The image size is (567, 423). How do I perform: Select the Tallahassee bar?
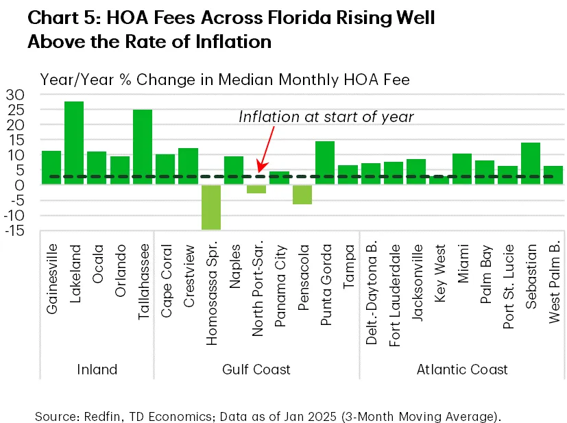coord(143,147)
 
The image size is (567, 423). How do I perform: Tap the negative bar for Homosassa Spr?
coord(211,206)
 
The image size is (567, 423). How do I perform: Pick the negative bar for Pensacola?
coord(302,194)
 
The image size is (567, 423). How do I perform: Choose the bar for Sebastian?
coord(531,163)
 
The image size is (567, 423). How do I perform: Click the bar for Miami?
coord(462,169)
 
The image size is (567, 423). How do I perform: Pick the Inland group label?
coord(97,370)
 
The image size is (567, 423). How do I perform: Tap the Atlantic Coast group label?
coord(463,370)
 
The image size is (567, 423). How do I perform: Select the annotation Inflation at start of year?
coord(326,117)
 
